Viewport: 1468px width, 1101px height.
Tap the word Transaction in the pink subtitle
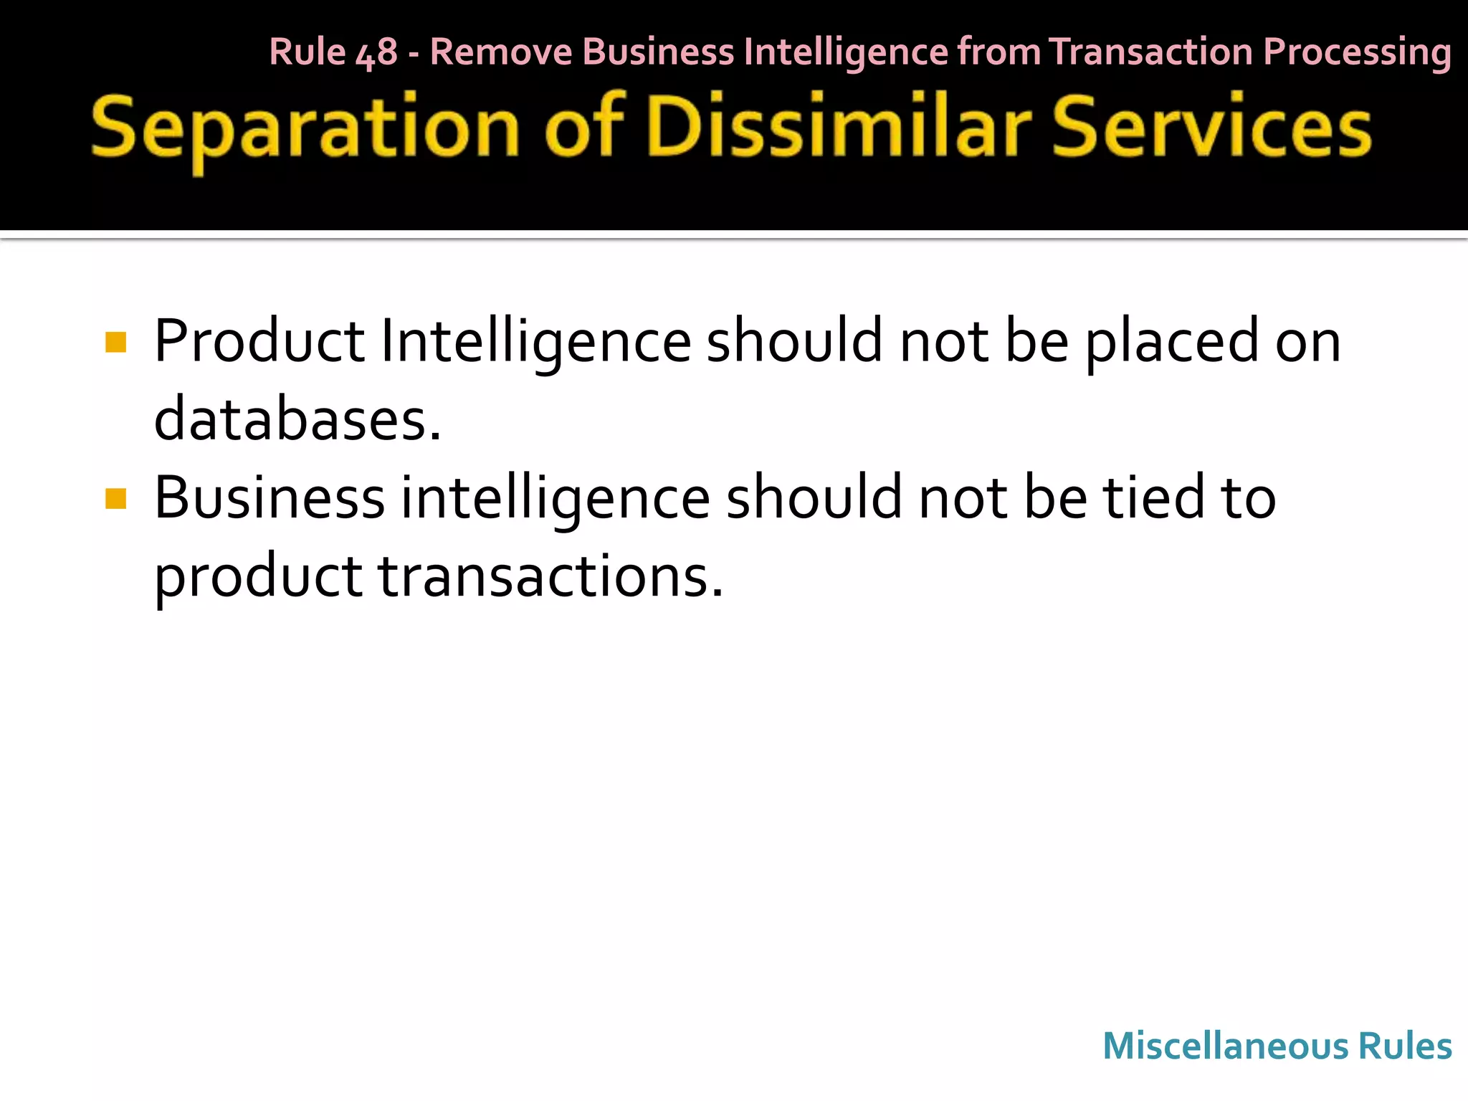1151,52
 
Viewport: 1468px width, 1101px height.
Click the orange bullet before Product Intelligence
115,342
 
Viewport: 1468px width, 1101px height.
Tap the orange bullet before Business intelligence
115,498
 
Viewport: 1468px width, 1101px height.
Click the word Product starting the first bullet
259,342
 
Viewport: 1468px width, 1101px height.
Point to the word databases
297,420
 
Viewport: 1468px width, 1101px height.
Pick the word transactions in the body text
550,577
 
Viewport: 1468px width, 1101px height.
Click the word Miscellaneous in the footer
1225,1046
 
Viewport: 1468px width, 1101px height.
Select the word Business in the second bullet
270,498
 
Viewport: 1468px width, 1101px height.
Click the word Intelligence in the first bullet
535,343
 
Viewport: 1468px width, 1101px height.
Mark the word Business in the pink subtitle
658,52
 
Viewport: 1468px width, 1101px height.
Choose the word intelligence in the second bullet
555,500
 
